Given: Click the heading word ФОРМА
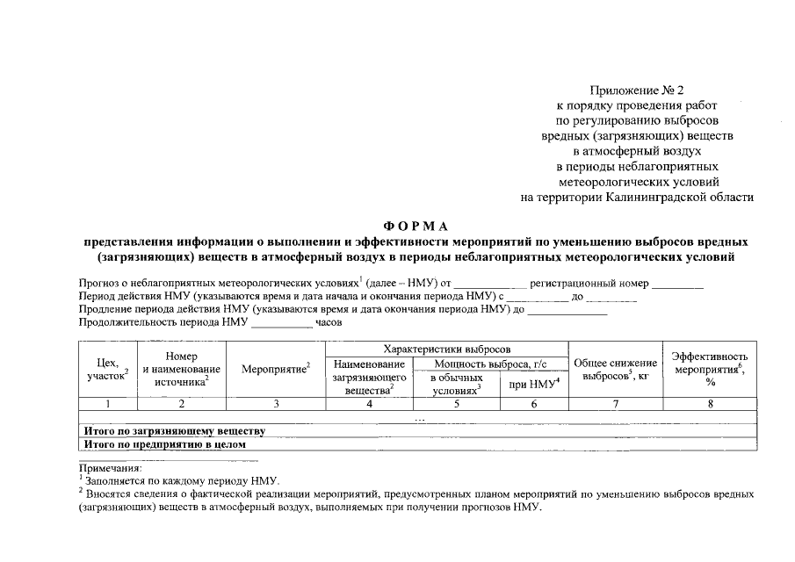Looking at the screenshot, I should [x=416, y=227].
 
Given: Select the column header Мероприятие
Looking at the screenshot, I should [x=276, y=369].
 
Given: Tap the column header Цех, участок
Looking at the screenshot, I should [x=107, y=369].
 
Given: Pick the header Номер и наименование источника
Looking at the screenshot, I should [x=181, y=369].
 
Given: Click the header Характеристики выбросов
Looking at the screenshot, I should [x=447, y=349].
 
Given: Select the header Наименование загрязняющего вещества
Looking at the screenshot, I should [x=369, y=376].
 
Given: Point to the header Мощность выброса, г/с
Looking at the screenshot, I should [x=492, y=364].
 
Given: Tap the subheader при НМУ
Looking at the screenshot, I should [x=533, y=382].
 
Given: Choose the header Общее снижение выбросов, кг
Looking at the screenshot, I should [x=615, y=370].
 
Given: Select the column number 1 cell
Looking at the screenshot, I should [x=107, y=404].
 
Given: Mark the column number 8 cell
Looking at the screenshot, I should [x=710, y=404].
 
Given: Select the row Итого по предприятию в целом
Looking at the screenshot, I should [x=164, y=444].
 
